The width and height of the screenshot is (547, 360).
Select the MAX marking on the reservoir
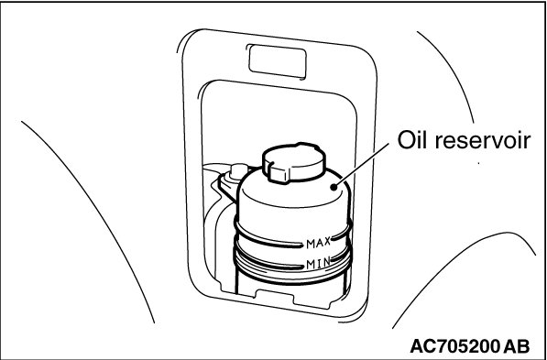[x=318, y=243]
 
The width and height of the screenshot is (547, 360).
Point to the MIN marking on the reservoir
[x=318, y=264]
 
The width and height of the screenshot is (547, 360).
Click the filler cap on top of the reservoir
[x=294, y=162]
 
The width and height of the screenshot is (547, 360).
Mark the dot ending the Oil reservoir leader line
[x=334, y=187]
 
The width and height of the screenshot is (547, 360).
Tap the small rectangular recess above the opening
[x=277, y=61]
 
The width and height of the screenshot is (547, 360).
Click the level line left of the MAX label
[x=268, y=242]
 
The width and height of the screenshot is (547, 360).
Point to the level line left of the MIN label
[x=268, y=262]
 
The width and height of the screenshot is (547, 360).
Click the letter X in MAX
[x=326, y=242]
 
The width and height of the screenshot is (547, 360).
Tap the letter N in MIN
[x=326, y=263]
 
